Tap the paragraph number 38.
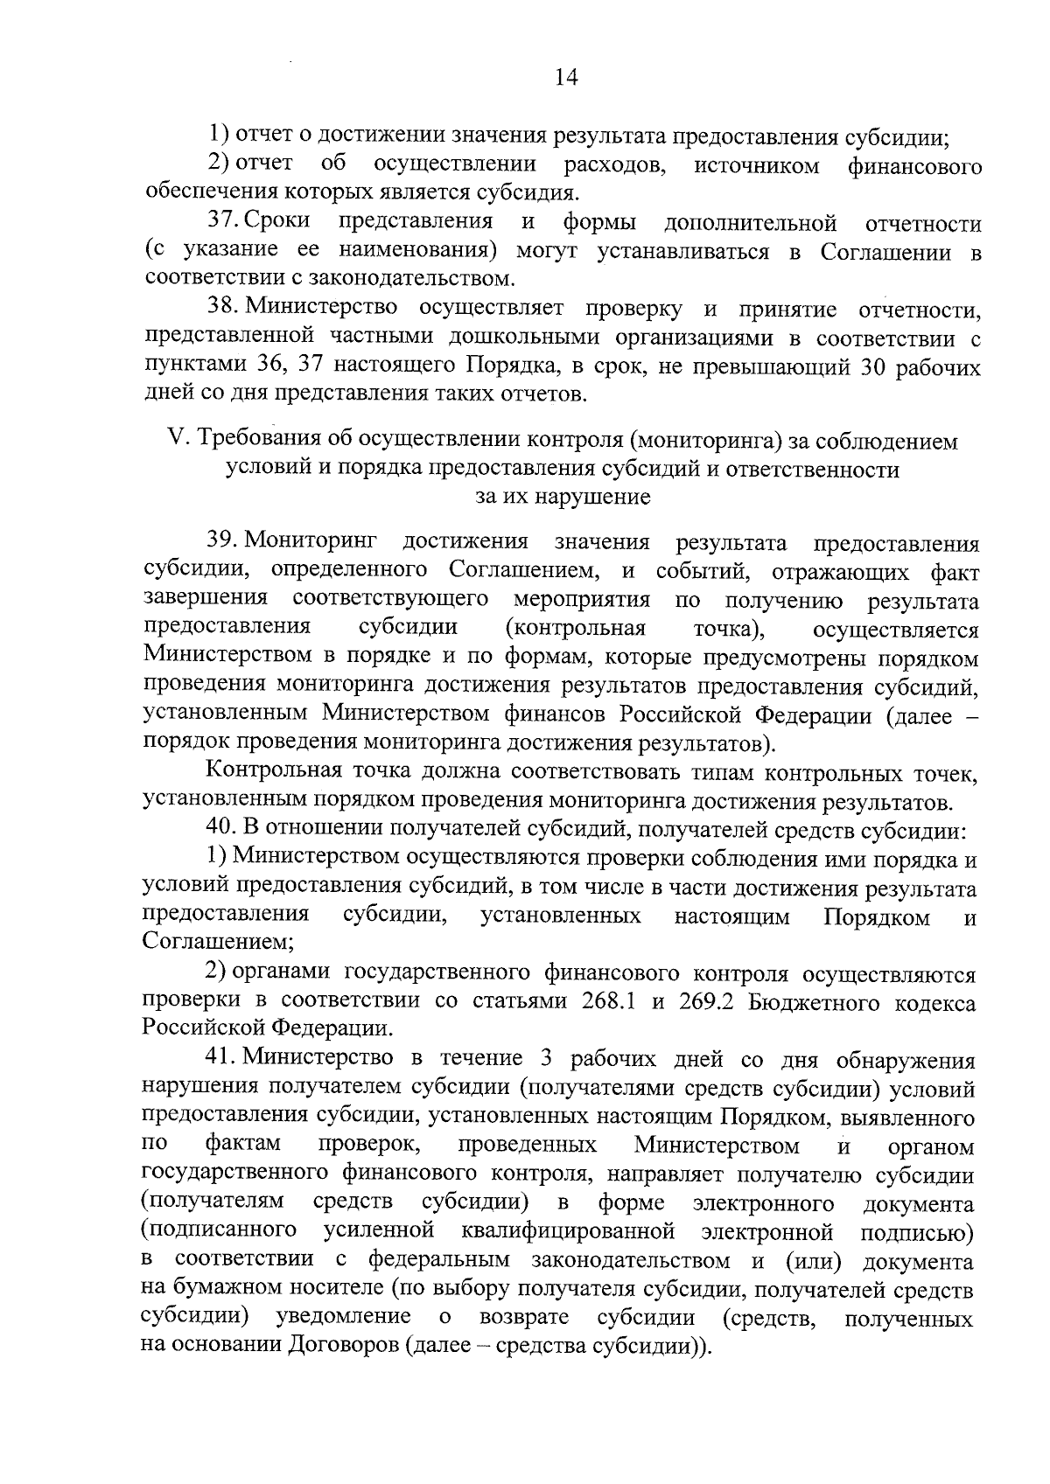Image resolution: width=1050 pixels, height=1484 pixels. [x=224, y=308]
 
